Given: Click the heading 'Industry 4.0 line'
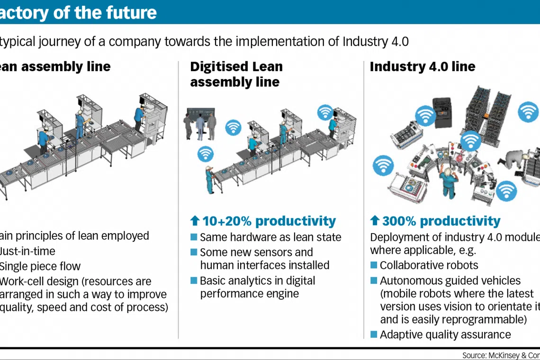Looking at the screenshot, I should pos(422,67).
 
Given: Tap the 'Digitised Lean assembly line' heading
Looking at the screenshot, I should pos(236,74).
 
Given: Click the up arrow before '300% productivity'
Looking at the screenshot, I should pos(375,221).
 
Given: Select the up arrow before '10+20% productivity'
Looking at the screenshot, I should pos(195,221).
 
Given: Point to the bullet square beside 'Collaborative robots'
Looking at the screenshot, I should pos(374,265).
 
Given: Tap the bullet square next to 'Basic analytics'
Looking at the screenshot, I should pos(193,280).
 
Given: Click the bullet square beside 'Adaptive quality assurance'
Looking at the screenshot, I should pos(374,334).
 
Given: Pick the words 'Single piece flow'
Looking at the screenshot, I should pos(40,266).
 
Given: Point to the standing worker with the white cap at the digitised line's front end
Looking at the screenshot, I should pos(209,180).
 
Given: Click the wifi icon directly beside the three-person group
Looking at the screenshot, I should pos(233,127).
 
